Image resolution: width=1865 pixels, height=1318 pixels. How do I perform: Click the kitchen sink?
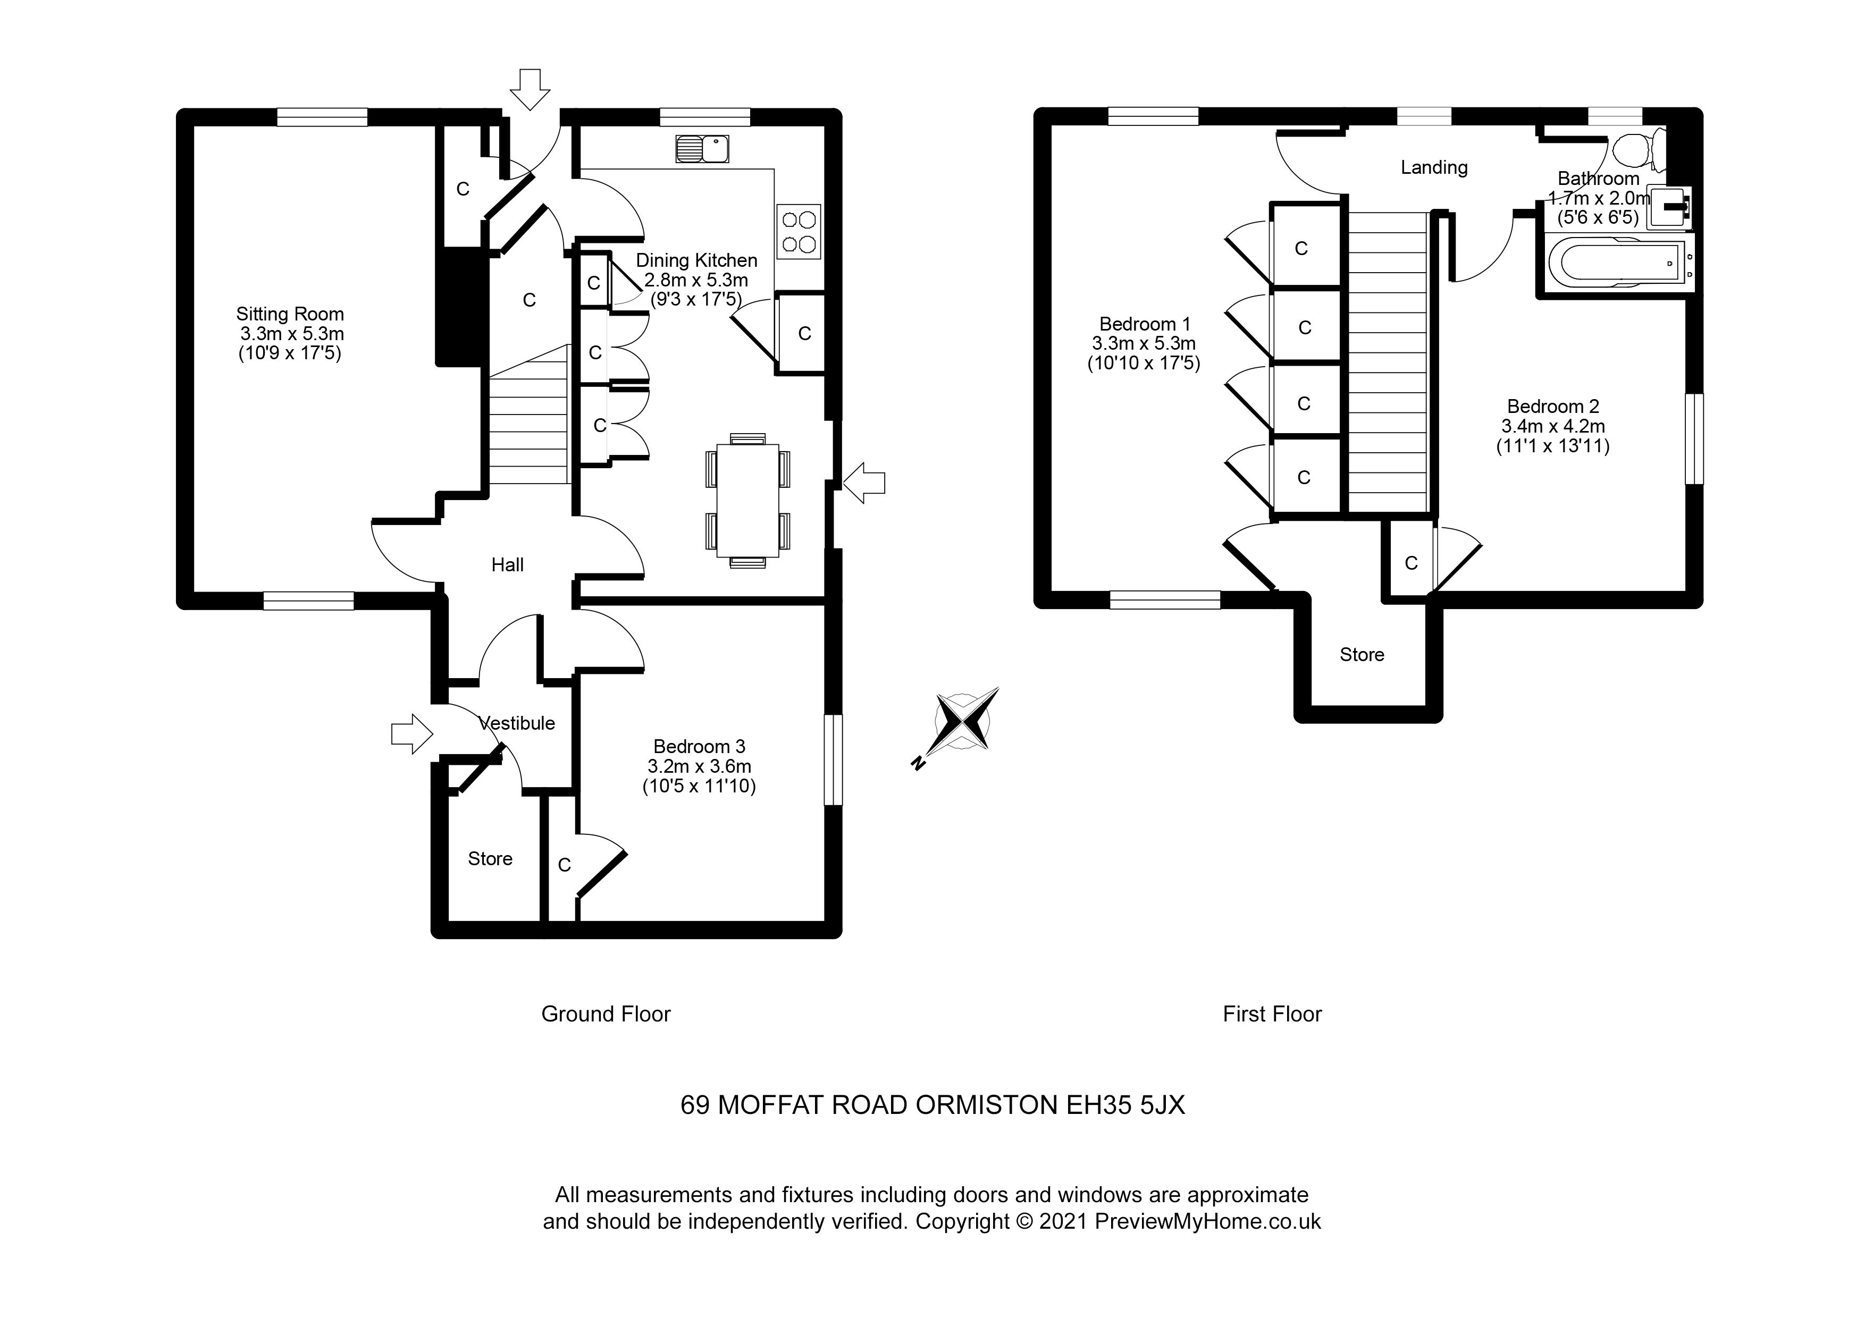[702, 149]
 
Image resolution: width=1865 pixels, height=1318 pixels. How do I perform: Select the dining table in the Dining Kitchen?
[747, 500]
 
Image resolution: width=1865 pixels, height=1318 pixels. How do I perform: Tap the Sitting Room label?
[290, 314]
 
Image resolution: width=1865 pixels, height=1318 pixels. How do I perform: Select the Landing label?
[1434, 167]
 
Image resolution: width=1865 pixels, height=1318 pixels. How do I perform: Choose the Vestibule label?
[517, 723]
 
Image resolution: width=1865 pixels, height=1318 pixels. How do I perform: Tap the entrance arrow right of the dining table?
[863, 483]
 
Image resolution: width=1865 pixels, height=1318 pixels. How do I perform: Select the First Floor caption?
[1272, 1013]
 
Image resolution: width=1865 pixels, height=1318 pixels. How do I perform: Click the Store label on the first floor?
[1362, 655]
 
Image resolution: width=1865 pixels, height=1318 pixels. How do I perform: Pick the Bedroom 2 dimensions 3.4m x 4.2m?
[1552, 426]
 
